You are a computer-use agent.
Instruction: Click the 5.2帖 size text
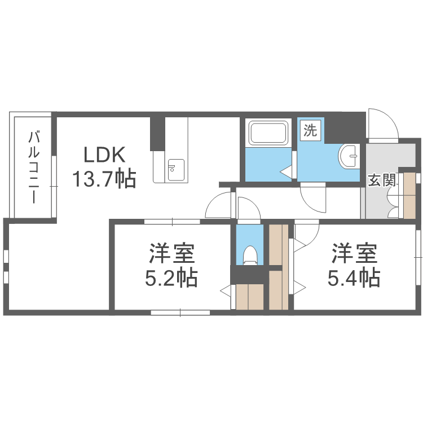[x=171, y=277]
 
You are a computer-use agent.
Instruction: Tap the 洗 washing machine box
[x=310, y=130]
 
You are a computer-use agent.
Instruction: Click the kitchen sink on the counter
[x=176, y=168]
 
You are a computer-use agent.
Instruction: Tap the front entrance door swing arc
[x=380, y=122]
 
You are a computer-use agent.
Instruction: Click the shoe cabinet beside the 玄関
[x=409, y=195]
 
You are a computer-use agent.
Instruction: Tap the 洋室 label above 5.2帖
[x=171, y=253]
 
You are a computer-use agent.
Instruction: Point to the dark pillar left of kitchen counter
[x=157, y=134]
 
